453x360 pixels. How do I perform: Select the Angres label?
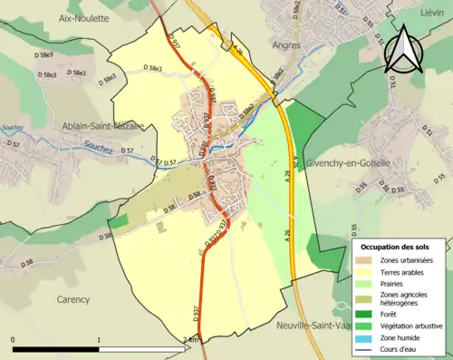click(x=285, y=43)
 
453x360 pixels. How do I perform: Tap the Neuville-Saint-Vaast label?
click(x=312, y=324)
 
